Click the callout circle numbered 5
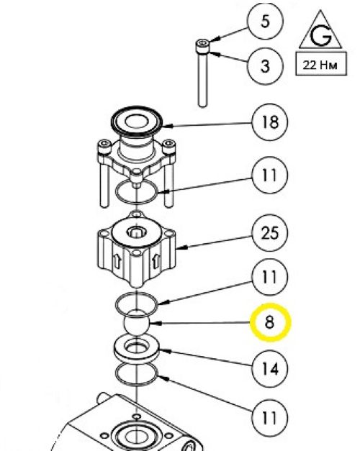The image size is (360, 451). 265,22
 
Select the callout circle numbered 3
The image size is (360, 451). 265,66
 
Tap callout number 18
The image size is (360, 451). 270,122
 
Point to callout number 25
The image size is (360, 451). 270,232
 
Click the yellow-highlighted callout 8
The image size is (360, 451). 270,322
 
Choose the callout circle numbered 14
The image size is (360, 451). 270,369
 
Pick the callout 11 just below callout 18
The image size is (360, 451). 270,176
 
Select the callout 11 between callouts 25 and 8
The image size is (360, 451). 270,277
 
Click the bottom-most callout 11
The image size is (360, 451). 270,418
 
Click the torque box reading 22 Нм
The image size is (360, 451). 321,64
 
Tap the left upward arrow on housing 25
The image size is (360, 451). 117,261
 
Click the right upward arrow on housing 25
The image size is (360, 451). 156,261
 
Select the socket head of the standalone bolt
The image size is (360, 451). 203,46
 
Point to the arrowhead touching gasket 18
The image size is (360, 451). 168,126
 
